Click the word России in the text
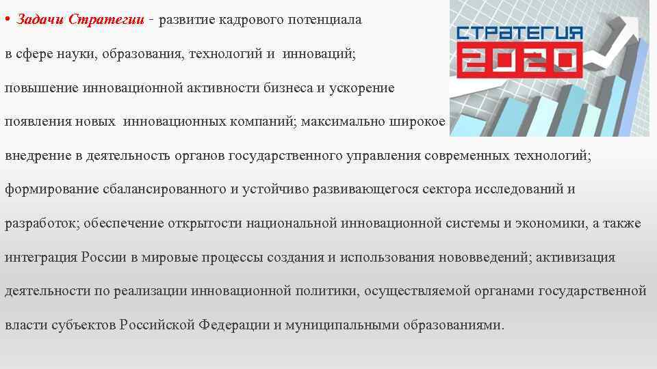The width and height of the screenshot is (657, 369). pos(104,258)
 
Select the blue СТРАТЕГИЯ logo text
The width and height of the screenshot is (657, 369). pos(519,31)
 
